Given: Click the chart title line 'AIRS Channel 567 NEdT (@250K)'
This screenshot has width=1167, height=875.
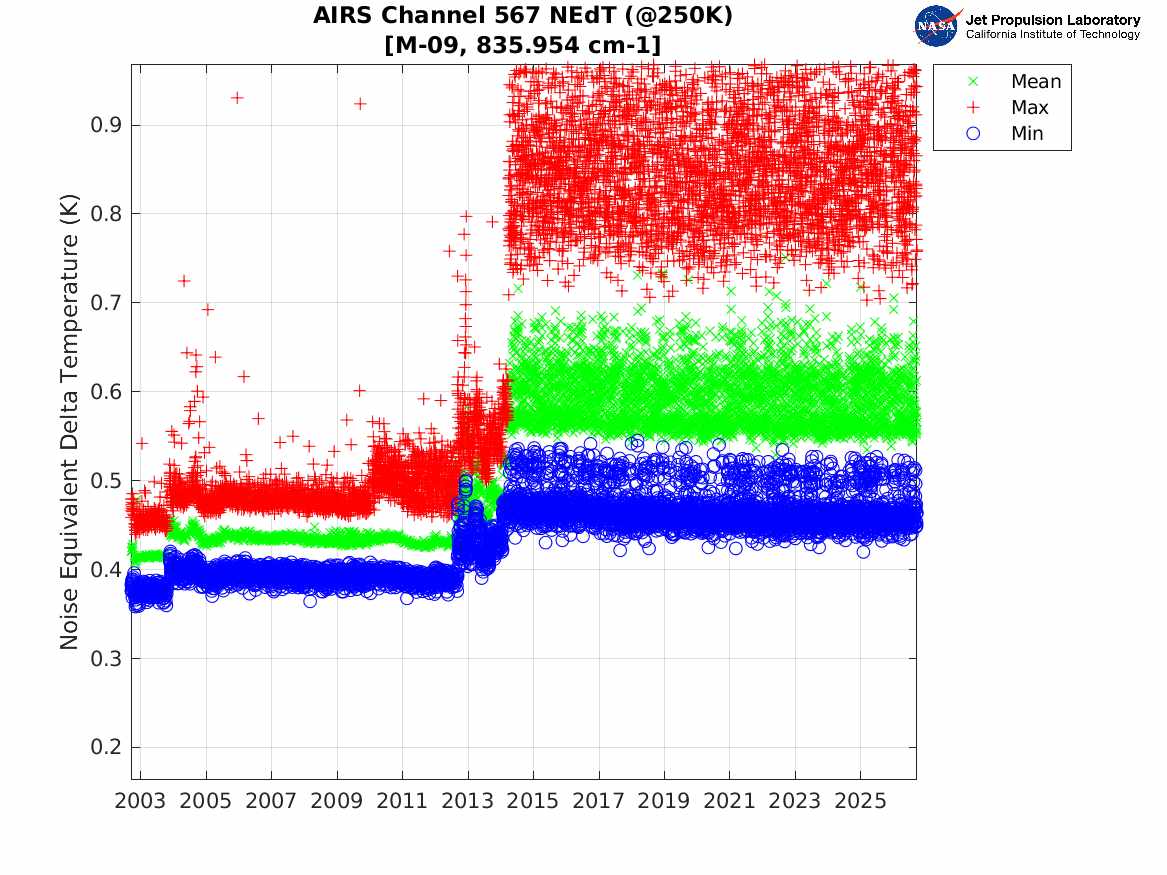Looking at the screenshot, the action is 522,16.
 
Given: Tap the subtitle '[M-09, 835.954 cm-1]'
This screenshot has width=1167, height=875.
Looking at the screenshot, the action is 522,45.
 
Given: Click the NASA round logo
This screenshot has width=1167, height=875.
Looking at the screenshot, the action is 936,26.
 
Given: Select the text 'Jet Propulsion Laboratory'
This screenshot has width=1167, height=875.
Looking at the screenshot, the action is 1052,20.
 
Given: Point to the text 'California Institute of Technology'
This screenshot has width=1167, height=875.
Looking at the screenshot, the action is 1052,34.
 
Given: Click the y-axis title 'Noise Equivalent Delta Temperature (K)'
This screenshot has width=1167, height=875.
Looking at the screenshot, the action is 69,422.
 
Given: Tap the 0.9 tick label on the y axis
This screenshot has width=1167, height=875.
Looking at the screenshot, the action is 106,125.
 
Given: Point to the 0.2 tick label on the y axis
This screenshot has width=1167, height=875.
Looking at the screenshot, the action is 106,747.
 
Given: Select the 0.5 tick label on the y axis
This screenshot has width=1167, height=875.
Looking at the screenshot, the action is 106,481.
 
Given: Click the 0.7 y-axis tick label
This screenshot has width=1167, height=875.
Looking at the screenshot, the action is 106,303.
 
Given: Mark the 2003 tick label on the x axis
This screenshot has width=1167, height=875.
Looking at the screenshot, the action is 140,801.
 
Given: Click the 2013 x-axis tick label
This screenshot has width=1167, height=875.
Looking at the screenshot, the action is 467,801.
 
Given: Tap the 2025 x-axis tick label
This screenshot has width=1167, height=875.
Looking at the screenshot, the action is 860,801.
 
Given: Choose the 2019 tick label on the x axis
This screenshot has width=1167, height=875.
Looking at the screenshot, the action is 664,801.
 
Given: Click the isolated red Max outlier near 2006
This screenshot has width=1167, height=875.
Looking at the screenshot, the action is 237,97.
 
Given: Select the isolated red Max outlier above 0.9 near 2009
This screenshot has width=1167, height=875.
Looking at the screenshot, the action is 359,103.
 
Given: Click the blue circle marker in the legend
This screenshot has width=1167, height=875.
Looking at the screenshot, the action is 973,133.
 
